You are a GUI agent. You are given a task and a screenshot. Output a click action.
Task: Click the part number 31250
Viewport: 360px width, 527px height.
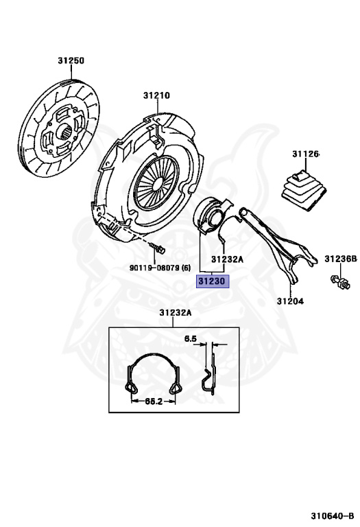[71, 60]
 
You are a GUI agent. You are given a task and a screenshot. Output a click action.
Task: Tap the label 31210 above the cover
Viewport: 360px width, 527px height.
[156, 95]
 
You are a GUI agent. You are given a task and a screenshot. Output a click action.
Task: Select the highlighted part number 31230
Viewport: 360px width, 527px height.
[212, 281]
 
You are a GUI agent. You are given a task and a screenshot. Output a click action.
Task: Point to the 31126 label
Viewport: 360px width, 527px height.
[305, 154]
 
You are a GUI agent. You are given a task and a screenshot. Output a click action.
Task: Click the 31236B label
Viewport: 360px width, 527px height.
[341, 259]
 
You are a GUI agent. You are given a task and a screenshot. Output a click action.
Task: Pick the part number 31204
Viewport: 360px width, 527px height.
[290, 301]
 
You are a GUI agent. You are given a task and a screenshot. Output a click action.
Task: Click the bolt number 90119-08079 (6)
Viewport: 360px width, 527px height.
[160, 268]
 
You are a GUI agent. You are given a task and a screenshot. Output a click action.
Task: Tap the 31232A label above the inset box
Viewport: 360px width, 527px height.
[176, 313]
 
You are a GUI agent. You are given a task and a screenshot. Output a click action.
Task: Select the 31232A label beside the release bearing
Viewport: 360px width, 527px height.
[227, 259]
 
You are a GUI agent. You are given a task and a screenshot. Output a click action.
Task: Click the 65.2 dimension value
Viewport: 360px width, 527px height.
[154, 401]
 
